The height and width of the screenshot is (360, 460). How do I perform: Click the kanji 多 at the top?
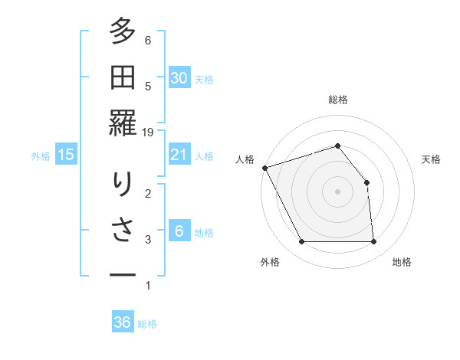point(122,33)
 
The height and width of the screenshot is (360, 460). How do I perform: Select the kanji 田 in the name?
point(122,78)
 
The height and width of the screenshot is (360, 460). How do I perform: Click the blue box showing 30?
point(179,78)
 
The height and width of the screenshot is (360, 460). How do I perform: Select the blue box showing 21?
point(179,155)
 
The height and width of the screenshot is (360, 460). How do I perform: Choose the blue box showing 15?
point(66,155)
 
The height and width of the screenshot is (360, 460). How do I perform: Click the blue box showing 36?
point(122,322)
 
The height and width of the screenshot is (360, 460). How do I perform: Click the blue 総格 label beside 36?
point(147,324)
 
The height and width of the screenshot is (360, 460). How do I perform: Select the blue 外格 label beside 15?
point(41,156)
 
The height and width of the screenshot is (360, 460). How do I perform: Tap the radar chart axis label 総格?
point(338,100)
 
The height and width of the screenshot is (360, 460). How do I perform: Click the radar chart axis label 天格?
point(432,159)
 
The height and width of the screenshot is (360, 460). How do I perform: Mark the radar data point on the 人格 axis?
point(264,168)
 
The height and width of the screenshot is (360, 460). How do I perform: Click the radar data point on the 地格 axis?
point(373,242)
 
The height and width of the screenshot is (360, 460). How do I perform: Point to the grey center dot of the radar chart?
point(337,191)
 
